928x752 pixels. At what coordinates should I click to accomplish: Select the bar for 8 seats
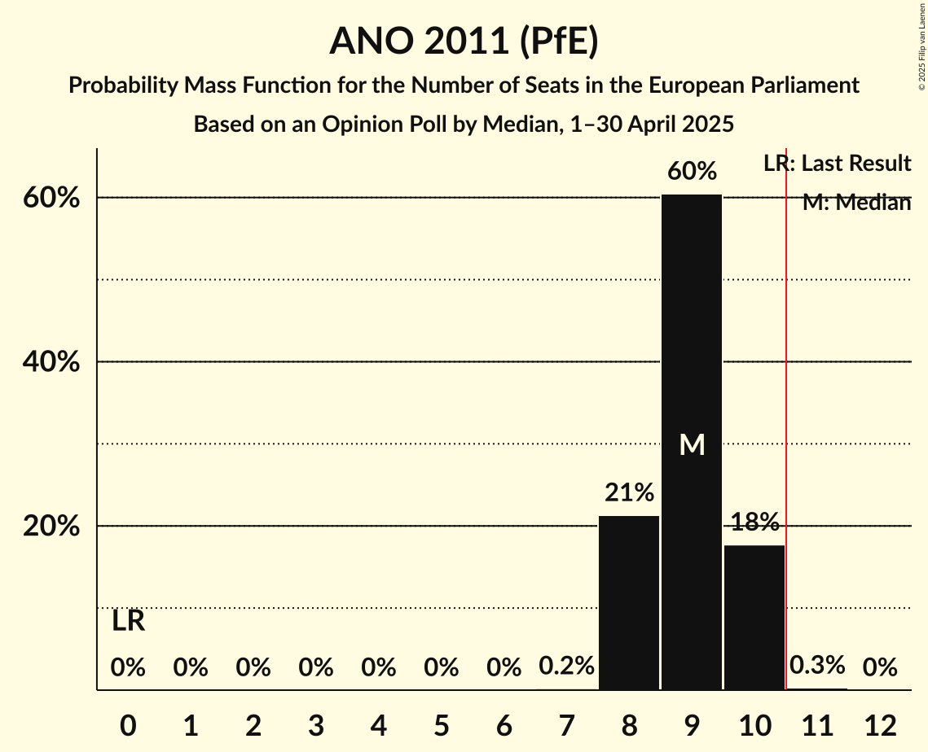click(628, 602)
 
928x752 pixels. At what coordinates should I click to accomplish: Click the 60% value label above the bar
click(691, 172)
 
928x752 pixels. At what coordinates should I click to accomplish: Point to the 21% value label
click(628, 492)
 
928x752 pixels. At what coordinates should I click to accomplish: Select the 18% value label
click(754, 522)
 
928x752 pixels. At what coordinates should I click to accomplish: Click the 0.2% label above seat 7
click(566, 667)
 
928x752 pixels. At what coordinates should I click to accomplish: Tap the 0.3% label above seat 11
click(816, 666)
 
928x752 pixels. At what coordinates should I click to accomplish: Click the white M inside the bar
click(692, 444)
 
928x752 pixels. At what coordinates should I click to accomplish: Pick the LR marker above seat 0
click(128, 622)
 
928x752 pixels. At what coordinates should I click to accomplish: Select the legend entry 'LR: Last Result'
click(837, 164)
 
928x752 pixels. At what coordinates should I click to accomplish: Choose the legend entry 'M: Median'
click(855, 203)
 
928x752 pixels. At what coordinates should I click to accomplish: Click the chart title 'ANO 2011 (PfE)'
click(464, 42)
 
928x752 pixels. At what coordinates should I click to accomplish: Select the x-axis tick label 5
click(441, 724)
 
